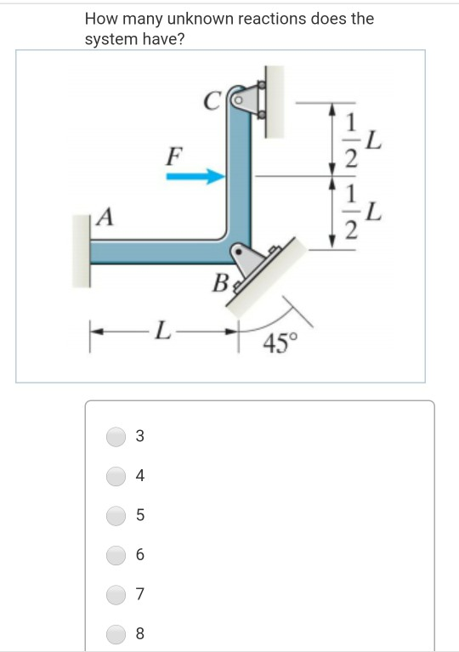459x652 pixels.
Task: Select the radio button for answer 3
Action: tap(116, 436)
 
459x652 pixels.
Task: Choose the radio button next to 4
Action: tap(116, 475)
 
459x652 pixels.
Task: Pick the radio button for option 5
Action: tap(116, 515)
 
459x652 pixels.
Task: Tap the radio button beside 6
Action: tap(116, 554)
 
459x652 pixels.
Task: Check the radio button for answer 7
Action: tap(116, 593)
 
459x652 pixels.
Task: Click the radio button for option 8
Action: tap(116, 632)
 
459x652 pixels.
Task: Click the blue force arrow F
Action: tap(195, 177)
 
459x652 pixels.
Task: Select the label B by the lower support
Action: tap(219, 283)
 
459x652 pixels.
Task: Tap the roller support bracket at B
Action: tap(246, 262)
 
